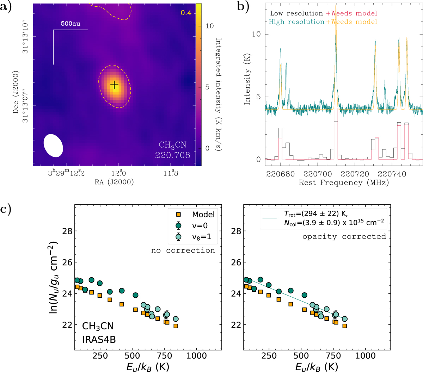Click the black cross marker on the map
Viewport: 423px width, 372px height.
coord(114,85)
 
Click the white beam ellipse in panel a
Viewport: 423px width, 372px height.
coord(53,145)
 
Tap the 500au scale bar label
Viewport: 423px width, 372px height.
coord(70,24)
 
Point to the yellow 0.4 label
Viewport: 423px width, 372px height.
coord(186,13)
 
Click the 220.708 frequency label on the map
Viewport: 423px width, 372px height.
coord(173,155)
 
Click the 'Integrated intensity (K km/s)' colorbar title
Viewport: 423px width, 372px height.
coord(219,94)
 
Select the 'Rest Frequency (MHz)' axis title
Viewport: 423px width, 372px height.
coord(344,182)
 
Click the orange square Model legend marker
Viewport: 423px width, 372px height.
coord(178,214)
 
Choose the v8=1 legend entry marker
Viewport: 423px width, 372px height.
coord(178,237)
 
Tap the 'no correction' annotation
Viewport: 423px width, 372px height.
coord(183,250)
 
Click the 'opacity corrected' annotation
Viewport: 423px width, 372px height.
coord(344,236)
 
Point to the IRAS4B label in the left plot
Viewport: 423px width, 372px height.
coord(99,340)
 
